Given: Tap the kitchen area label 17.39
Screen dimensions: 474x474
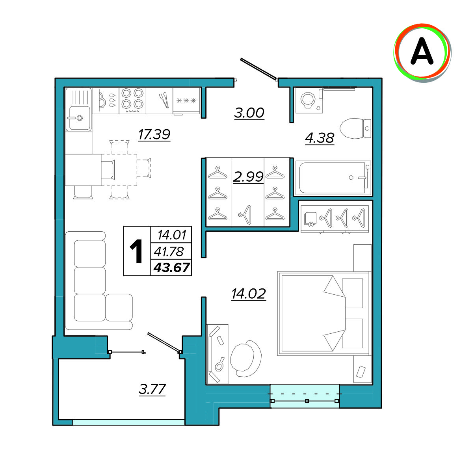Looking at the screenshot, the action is pyautogui.click(x=154, y=134).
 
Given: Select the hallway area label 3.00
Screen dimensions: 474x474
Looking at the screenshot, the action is pyautogui.click(x=249, y=113).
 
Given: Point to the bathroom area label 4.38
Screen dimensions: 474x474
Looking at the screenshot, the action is pyautogui.click(x=320, y=138).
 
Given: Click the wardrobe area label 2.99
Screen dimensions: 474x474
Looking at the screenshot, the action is pyautogui.click(x=248, y=177).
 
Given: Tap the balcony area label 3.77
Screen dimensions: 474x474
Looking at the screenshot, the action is pyautogui.click(x=152, y=389).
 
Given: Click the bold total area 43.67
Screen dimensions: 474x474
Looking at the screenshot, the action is pyautogui.click(x=171, y=268).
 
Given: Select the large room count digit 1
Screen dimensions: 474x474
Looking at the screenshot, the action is pyautogui.click(x=136, y=251).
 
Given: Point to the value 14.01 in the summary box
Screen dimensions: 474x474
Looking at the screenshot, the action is pyautogui.click(x=172, y=235).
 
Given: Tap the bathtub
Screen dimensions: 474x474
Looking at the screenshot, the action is pyautogui.click(x=333, y=178).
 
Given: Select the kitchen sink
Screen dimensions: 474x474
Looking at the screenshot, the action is pyautogui.click(x=79, y=110).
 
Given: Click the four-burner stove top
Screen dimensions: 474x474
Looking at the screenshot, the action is pyautogui.click(x=132, y=100).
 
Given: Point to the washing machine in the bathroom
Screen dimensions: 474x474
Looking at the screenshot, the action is pyautogui.click(x=309, y=100).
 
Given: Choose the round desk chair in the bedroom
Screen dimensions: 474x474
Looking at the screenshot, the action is pyautogui.click(x=245, y=359).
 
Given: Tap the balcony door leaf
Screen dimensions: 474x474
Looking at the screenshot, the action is pyautogui.click(x=164, y=342).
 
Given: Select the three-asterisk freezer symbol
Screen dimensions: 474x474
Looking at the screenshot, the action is pyautogui.click(x=186, y=100).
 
